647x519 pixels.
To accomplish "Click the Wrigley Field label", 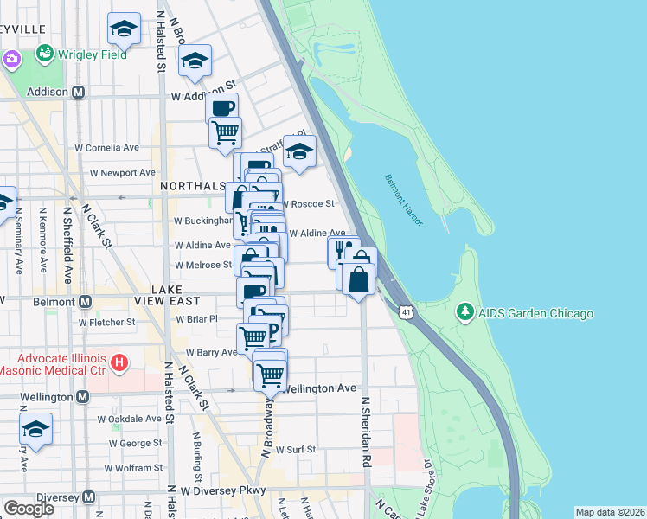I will (x=92, y=54).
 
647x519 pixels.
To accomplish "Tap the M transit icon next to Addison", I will (x=78, y=92).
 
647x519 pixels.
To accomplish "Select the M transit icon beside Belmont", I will (x=85, y=302).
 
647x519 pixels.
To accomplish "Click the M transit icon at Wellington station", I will (x=82, y=397).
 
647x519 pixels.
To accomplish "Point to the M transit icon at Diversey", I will (x=86, y=497).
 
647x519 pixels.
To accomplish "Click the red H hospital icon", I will (x=120, y=362).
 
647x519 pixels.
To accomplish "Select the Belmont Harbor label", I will (x=405, y=201).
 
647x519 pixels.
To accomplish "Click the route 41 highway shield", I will (x=406, y=310).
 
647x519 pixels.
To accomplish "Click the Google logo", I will (x=29, y=509).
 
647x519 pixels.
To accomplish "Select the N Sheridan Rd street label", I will (x=366, y=432).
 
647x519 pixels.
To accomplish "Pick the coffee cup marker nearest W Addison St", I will (x=222, y=108).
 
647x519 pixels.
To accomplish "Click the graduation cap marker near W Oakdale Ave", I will (x=35, y=429).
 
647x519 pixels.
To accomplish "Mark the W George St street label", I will (x=129, y=443).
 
